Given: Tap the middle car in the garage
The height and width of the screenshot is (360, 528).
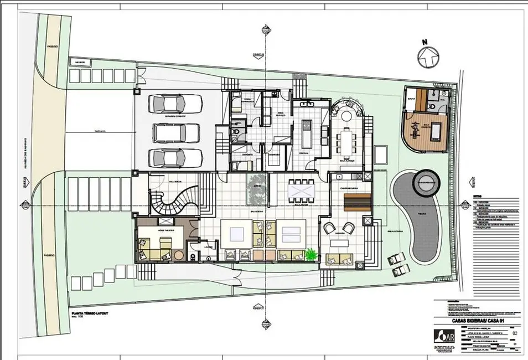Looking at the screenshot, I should (x=175, y=132).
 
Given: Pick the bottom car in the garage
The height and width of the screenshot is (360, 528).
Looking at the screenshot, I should (x=175, y=158).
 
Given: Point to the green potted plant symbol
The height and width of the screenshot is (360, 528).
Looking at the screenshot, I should (x=312, y=255).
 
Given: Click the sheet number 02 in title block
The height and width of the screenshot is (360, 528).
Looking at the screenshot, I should (x=515, y=334).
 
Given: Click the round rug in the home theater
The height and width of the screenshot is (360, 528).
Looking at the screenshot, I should (x=179, y=254).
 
